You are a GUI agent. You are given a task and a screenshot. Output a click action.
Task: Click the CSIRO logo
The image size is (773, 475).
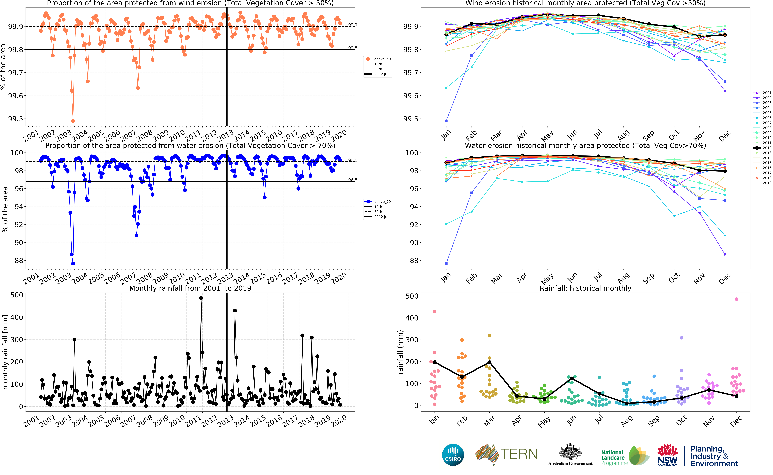(x=453, y=455)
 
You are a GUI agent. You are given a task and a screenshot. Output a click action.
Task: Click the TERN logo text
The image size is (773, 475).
(x=519, y=454)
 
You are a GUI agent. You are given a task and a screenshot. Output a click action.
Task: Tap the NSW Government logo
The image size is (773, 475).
(x=667, y=455)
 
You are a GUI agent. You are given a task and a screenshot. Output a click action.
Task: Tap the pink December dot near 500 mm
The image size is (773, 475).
(x=737, y=299)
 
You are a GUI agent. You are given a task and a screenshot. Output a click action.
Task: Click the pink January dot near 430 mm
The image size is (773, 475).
(x=435, y=311)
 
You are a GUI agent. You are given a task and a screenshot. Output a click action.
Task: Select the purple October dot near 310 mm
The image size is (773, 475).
(x=682, y=338)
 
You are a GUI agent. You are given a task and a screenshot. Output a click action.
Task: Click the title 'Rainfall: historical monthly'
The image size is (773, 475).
(x=585, y=288)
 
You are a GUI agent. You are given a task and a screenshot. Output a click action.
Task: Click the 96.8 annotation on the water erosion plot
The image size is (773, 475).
(x=352, y=180)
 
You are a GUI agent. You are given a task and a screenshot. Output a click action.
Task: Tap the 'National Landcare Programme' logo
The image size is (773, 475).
(x=623, y=456)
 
